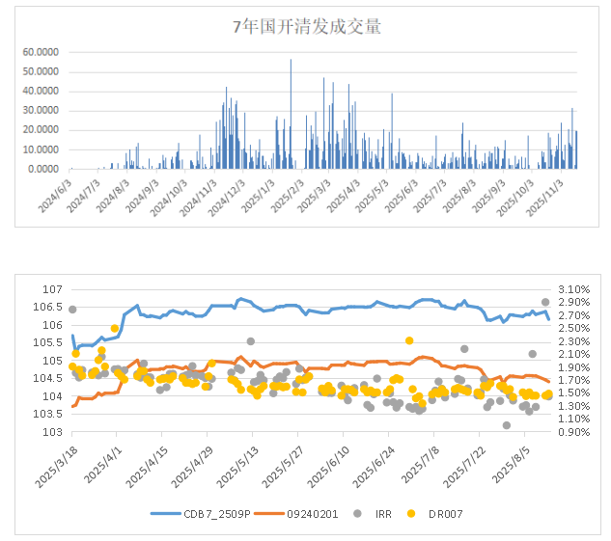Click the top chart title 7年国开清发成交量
[307, 27]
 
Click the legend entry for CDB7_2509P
[211, 513]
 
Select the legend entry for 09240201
[307, 513]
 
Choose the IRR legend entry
[381, 513]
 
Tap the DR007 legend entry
[440, 513]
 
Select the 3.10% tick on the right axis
[571, 289]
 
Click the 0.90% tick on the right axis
[571, 432]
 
